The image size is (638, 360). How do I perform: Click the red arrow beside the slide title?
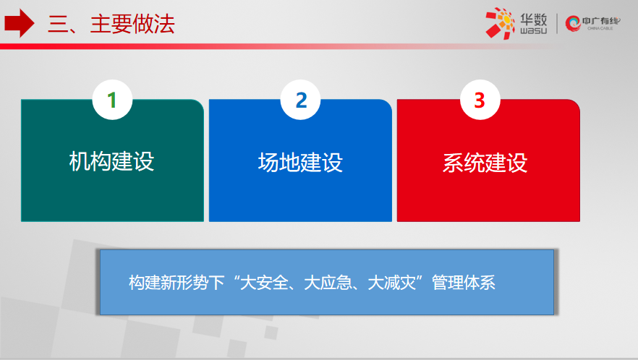click(x=19, y=23)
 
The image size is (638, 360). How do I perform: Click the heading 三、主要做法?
click(x=111, y=24)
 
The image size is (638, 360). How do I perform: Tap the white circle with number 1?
click(x=112, y=100)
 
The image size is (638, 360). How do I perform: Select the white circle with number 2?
click(x=301, y=100)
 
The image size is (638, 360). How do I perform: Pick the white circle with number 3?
click(x=480, y=100)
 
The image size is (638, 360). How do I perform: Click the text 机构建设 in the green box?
click(x=111, y=161)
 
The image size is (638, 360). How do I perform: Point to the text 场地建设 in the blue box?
click(x=300, y=163)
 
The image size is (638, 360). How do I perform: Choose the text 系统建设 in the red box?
click(x=485, y=163)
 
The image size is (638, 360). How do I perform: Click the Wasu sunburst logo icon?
click(x=500, y=23)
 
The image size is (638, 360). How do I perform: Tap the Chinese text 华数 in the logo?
click(x=533, y=19)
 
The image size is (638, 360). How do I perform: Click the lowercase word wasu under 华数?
click(x=533, y=30)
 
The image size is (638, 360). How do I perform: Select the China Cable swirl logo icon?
click(x=573, y=23)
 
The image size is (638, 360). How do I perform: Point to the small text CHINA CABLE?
click(x=600, y=28)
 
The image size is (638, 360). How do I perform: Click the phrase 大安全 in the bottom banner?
click(x=264, y=283)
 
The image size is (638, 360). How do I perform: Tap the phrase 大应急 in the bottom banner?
click(x=328, y=283)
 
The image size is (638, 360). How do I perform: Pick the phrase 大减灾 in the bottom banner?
click(x=392, y=283)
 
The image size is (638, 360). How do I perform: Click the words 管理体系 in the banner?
click(x=464, y=283)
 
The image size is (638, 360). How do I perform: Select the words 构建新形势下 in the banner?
click(x=176, y=283)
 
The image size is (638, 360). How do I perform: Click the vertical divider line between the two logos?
click(x=557, y=24)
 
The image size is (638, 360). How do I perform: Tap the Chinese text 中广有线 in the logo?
click(x=601, y=21)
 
